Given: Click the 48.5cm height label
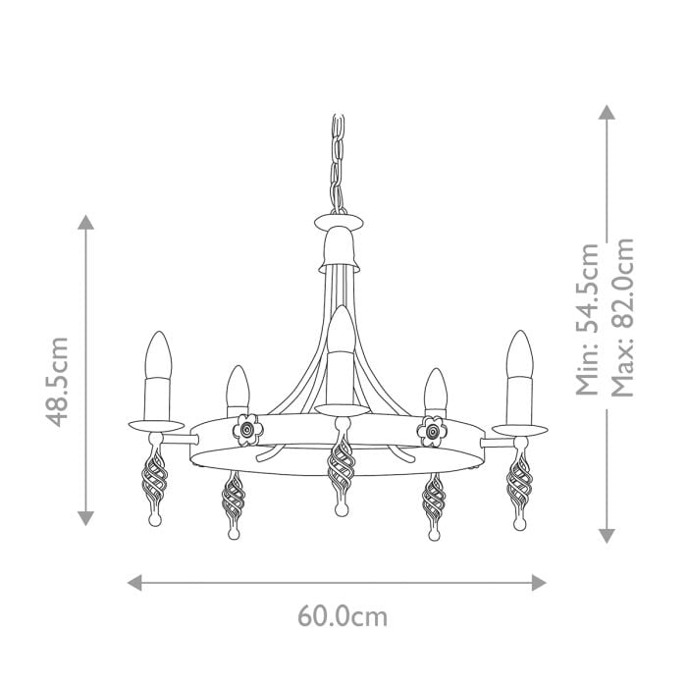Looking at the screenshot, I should (x=58, y=381).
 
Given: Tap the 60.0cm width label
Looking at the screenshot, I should (x=343, y=616).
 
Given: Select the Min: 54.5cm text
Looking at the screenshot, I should (x=589, y=319).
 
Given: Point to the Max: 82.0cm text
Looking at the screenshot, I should (x=622, y=319).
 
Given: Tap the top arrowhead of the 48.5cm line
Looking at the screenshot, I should (x=87, y=222).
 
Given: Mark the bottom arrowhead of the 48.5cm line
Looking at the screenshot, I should (x=87, y=518).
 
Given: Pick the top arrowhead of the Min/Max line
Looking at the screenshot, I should (x=608, y=114).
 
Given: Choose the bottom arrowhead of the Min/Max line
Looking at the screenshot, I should (x=608, y=535).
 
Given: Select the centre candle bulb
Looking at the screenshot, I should (x=340, y=331).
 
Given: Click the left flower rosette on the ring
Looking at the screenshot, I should (x=247, y=428).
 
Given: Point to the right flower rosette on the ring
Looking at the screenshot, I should (x=431, y=428).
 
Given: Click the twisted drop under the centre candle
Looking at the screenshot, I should (x=340, y=467).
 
